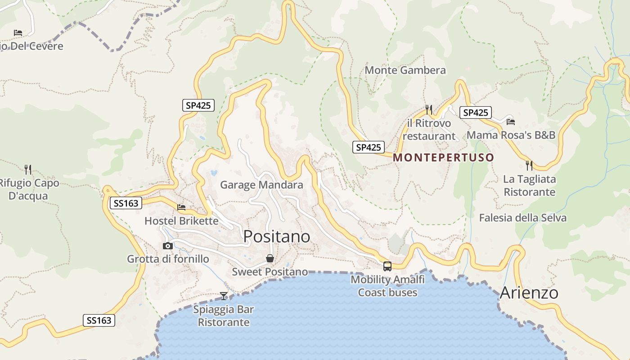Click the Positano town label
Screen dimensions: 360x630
(277, 236)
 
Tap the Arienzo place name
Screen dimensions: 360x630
(529, 293)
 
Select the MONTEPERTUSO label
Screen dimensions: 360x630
(444, 157)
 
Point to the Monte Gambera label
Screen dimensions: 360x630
(405, 70)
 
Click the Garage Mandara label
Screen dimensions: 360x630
(261, 185)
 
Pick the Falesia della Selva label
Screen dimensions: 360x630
(522, 218)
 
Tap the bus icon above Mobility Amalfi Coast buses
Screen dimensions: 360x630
(387, 266)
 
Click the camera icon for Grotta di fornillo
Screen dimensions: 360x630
(168, 246)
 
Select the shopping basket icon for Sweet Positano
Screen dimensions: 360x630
(270, 258)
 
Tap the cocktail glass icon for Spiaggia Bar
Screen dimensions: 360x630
(224, 296)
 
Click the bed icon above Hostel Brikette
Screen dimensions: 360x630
(181, 207)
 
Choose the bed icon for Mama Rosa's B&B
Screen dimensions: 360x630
(510, 121)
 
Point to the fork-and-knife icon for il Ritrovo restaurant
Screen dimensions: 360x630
(429, 109)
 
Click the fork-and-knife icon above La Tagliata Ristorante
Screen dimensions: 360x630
(529, 165)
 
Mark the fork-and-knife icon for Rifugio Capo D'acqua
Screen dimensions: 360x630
(28, 169)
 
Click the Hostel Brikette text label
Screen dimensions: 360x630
(181, 221)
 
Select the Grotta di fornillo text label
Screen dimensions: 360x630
(168, 259)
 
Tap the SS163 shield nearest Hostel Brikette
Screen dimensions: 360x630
(126, 203)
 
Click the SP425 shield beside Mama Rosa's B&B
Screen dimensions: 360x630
(475, 112)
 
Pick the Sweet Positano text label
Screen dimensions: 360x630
(270, 272)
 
